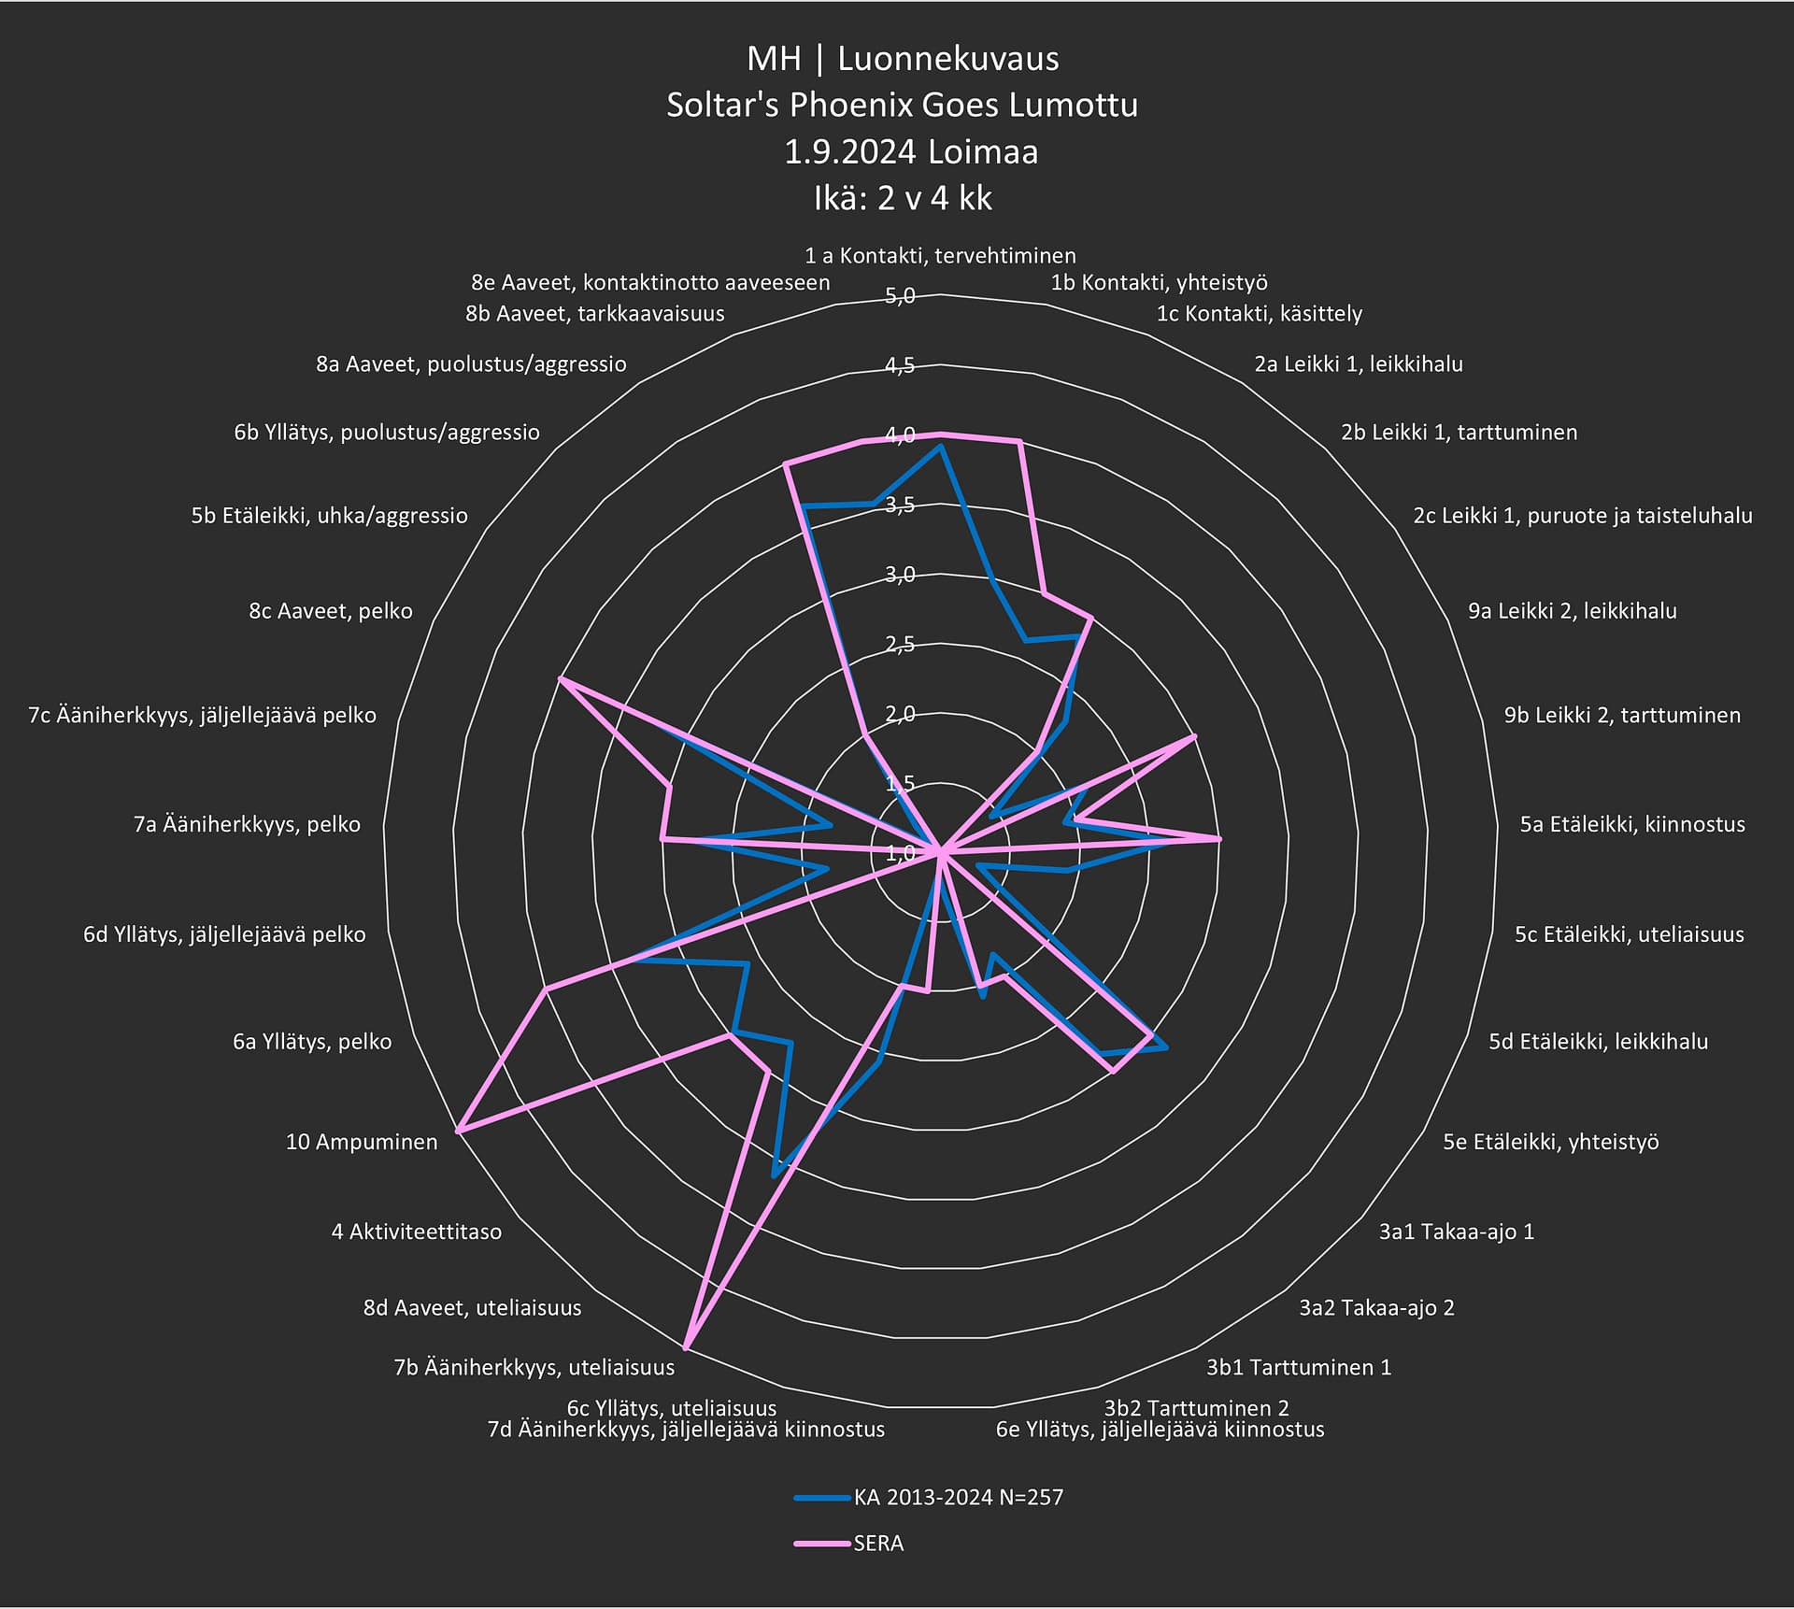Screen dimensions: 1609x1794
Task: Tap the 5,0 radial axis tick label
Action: (x=900, y=296)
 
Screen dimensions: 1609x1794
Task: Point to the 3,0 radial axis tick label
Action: (x=900, y=575)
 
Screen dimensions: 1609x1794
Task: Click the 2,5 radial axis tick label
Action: (x=900, y=644)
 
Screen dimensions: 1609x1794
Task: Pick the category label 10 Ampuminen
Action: (x=362, y=1141)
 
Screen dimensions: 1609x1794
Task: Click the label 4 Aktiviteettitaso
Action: (x=416, y=1232)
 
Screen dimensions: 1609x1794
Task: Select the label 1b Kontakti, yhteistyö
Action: (x=1159, y=282)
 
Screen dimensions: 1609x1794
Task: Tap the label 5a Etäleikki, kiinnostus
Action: (x=1631, y=824)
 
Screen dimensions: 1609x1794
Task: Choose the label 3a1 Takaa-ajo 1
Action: (x=1456, y=1232)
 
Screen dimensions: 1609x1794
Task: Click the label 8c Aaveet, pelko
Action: (x=330, y=611)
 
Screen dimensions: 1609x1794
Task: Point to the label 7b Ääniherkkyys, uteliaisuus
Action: (x=534, y=1367)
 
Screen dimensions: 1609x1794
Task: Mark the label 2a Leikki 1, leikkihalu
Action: (x=1358, y=363)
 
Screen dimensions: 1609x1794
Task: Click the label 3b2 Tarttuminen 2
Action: (x=1196, y=1407)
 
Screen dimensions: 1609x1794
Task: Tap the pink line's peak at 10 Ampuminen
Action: (x=458, y=1132)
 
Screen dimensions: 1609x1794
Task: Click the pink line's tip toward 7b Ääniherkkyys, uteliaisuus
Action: (x=686, y=1347)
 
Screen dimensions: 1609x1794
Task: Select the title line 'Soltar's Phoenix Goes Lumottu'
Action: (x=902, y=105)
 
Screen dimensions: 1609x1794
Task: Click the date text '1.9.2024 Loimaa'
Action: (x=911, y=151)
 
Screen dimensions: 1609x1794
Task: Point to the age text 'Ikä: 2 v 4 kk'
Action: (x=903, y=198)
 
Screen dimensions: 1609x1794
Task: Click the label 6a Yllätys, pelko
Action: (x=312, y=1041)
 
